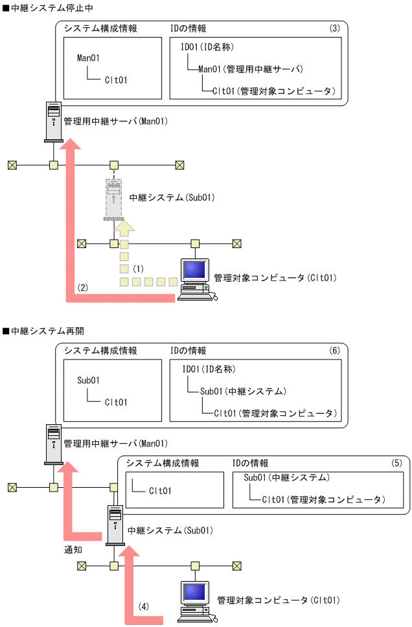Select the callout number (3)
(334, 28)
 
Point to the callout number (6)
(334, 350)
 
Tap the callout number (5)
(396, 463)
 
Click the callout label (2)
(82, 286)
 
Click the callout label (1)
(137, 268)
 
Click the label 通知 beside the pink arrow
(73, 550)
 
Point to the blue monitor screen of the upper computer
(196, 269)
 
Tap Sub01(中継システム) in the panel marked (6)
(243, 391)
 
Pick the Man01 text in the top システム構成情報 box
(88, 58)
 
